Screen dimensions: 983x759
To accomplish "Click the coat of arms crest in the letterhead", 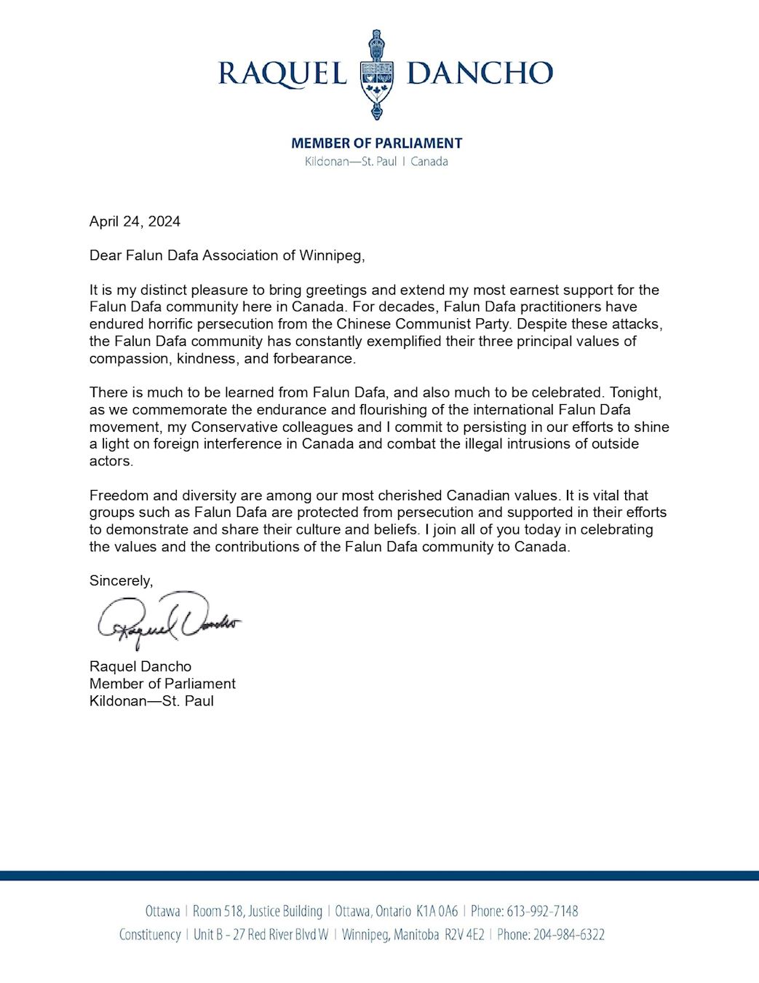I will point(376,74).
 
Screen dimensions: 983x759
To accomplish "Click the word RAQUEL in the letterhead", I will point(282,74).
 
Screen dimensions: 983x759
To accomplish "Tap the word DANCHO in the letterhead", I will point(480,73).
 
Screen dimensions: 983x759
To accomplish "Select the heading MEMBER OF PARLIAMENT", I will point(376,143).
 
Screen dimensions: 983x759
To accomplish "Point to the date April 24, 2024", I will point(135,221).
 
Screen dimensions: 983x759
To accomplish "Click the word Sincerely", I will point(121,581).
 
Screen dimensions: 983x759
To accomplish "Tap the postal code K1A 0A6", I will point(437,911).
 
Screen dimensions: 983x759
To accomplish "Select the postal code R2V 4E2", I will point(464,935).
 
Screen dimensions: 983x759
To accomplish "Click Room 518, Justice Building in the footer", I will point(257,911).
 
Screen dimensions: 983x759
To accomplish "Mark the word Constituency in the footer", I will point(150,935).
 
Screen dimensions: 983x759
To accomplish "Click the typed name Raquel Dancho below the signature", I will point(140,666).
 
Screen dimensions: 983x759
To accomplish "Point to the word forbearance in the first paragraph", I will point(313,358).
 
